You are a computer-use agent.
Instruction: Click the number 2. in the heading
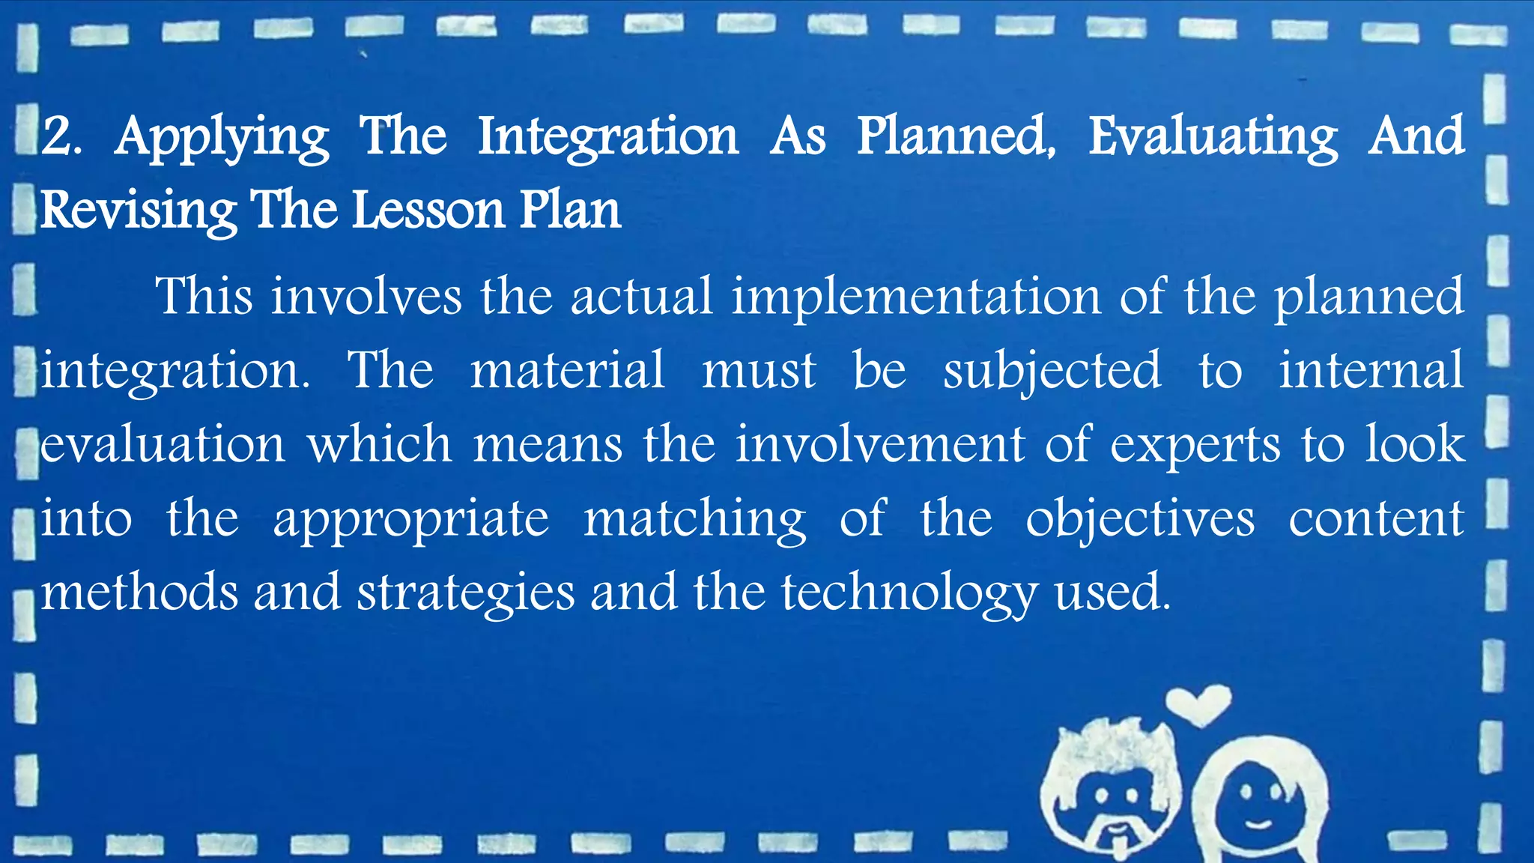pos(62,137)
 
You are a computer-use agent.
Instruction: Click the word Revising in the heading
pos(139,211)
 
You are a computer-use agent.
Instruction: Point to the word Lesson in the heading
pos(428,211)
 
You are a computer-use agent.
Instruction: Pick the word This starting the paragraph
pos(204,296)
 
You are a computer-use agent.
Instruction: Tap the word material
pos(567,369)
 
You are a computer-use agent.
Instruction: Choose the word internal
pos(1371,369)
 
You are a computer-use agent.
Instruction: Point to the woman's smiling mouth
pos(1258,823)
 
